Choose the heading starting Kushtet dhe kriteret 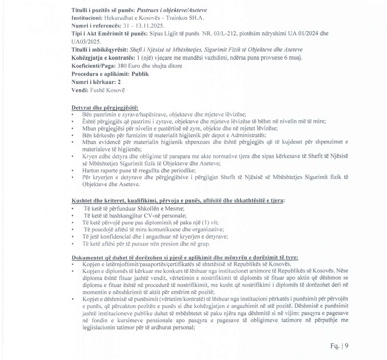pyautogui.click(x=178, y=200)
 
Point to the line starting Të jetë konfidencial pyautogui.click(x=156, y=237)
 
